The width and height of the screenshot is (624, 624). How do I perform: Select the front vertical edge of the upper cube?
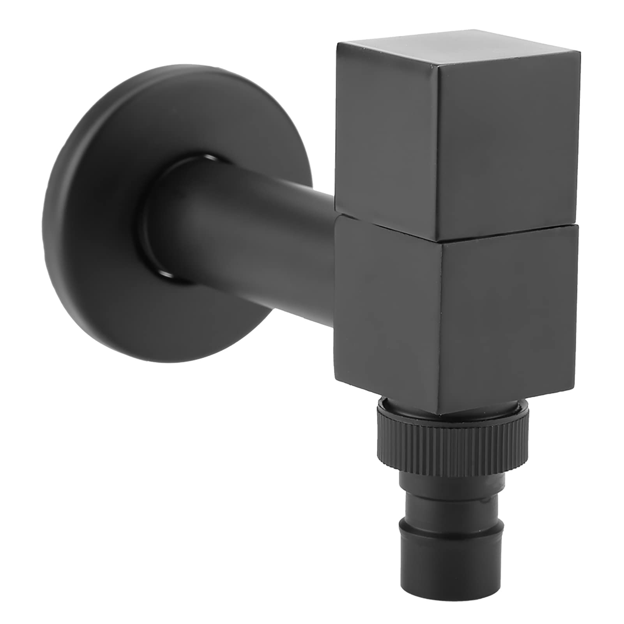point(438,156)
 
